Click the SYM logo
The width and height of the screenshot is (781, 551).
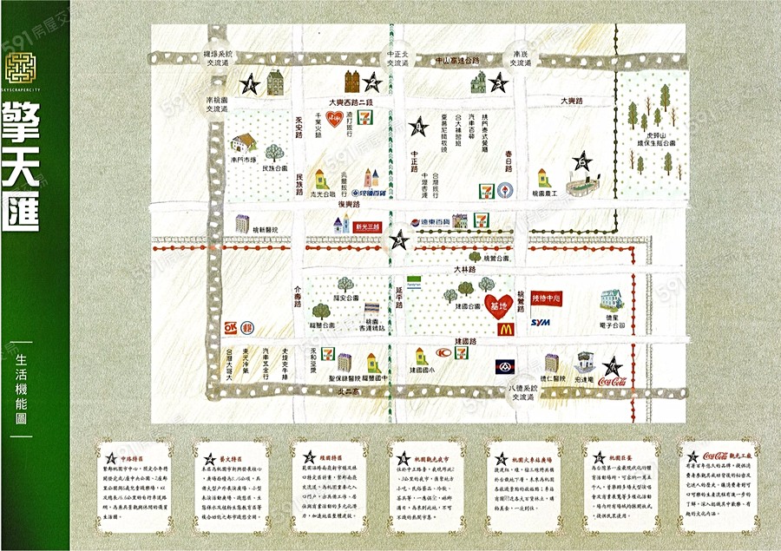[x=541, y=323]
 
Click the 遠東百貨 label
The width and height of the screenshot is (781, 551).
[x=431, y=222]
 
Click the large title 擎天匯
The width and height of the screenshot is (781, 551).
[x=22, y=168]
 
